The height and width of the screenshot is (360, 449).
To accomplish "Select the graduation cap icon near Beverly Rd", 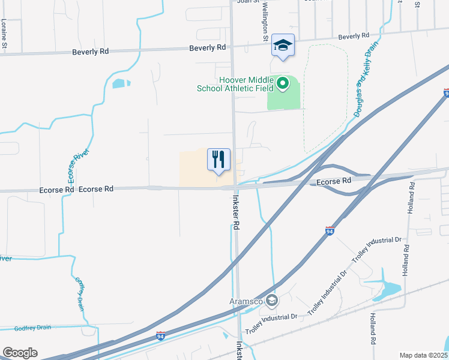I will click(283, 45).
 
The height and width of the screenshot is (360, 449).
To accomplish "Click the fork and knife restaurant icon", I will click(218, 159).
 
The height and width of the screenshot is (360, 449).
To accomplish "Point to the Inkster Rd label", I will click(237, 213).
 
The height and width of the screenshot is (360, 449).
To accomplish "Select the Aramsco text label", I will click(247, 301).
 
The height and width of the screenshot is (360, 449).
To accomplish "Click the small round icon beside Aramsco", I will click(272, 300).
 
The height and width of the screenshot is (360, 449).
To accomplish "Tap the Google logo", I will click(20, 352).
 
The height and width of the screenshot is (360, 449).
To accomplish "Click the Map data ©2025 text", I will click(423, 355).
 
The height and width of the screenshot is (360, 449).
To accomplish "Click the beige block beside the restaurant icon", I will click(195, 168).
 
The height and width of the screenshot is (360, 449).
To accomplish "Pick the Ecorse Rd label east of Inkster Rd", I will click(334, 181).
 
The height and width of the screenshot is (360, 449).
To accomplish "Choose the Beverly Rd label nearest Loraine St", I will click(90, 52).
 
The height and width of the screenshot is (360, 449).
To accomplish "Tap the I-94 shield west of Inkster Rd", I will click(160, 335).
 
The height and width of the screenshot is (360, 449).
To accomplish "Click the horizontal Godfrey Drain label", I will click(33, 328).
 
